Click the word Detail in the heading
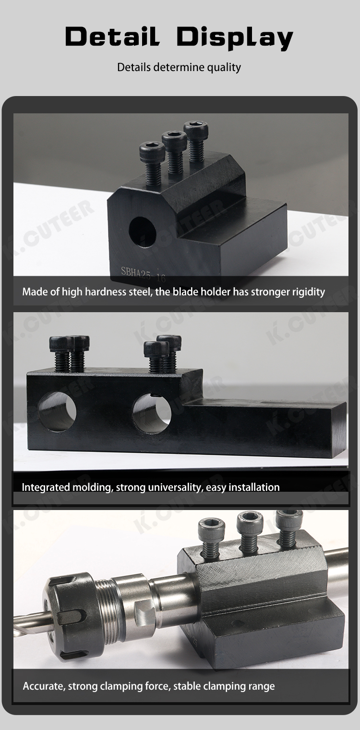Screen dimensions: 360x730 113,36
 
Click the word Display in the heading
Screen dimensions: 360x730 235,38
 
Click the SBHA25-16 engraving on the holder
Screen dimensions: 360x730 144,274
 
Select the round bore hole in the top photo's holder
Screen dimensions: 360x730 143,232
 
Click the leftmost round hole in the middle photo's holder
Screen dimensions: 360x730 57,411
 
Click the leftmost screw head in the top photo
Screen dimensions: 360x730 151,150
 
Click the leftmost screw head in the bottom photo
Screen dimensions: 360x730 212,530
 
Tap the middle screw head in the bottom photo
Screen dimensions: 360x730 250,523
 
